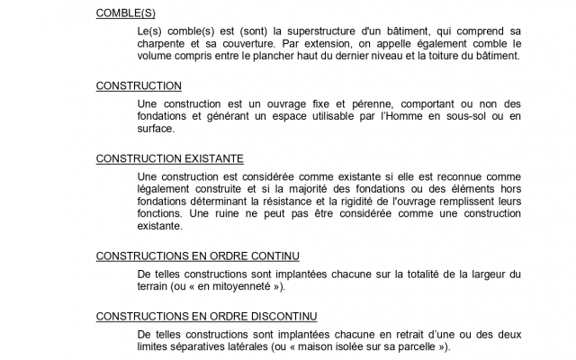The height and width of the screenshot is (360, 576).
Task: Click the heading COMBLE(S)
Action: point(126,13)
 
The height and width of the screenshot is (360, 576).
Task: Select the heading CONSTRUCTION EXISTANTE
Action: point(169,158)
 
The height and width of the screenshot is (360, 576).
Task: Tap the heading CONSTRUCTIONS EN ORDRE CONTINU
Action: point(197,256)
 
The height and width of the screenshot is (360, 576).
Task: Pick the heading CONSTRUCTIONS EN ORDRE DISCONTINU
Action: point(206,316)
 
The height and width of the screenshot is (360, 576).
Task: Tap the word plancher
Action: point(301,55)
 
